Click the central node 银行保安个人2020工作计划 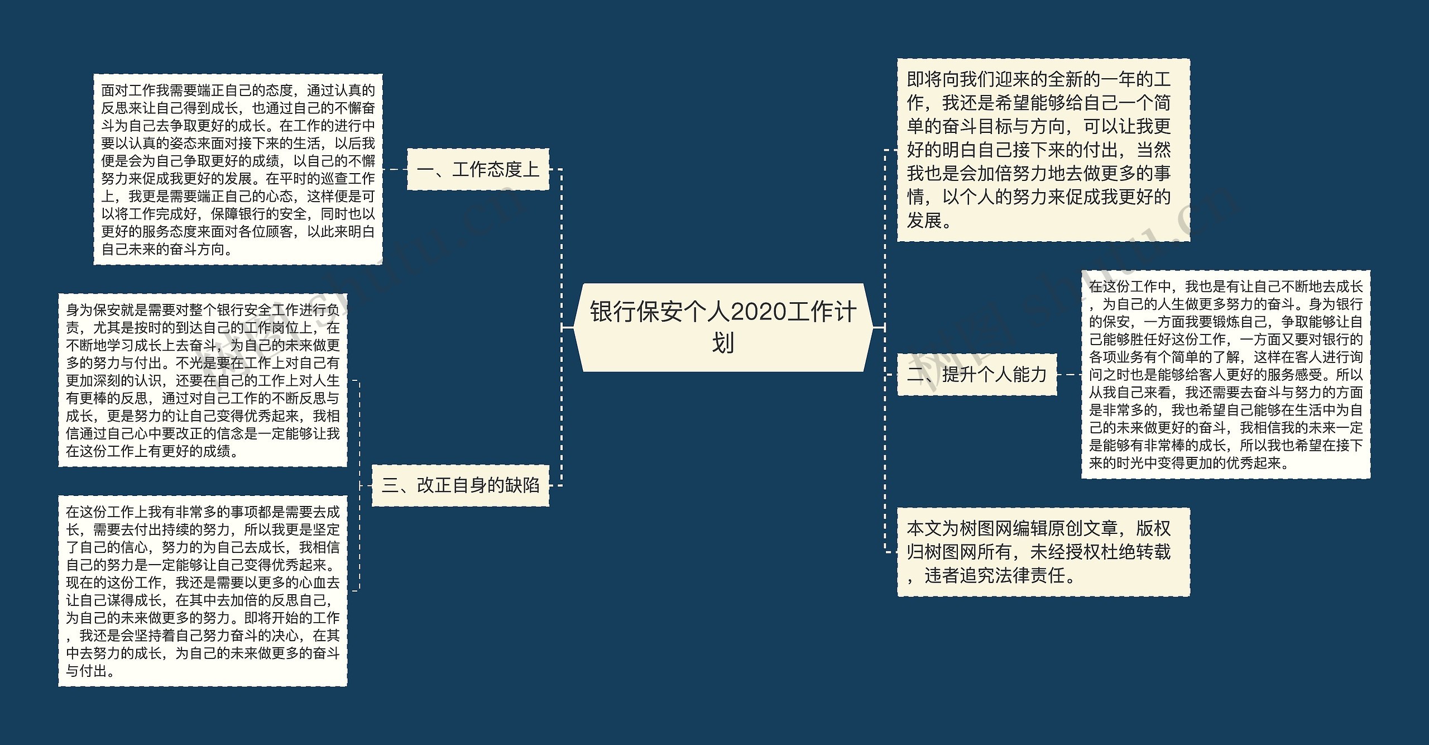coord(723,327)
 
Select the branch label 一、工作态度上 coord(478,169)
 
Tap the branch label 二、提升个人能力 coord(977,374)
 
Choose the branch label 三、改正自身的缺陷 coord(461,485)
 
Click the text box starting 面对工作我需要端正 coord(238,169)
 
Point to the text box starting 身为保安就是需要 coord(203,380)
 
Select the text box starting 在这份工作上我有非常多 coord(203,591)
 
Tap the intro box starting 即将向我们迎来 coord(1043,150)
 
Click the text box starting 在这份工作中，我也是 coord(1226,374)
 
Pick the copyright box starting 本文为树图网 coord(1043,552)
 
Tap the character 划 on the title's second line coord(723,342)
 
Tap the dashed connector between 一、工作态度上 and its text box coord(395,169)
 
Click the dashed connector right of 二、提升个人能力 coord(1069,375)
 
